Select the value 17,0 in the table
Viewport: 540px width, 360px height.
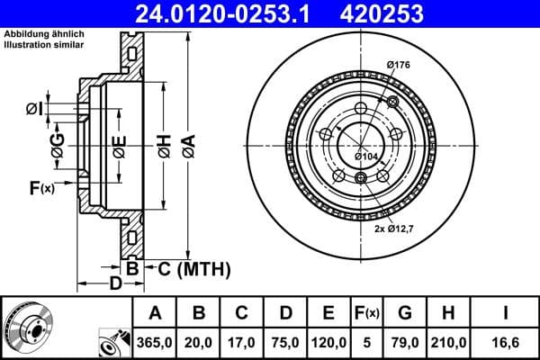[243, 342]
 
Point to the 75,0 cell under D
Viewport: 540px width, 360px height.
[286, 342]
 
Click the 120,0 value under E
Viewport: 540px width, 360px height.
[329, 342]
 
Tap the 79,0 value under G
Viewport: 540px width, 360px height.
[405, 342]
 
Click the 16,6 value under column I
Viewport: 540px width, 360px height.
[505, 342]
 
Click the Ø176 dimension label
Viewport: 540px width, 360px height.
[399, 64]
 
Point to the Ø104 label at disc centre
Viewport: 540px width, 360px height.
[365, 157]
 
